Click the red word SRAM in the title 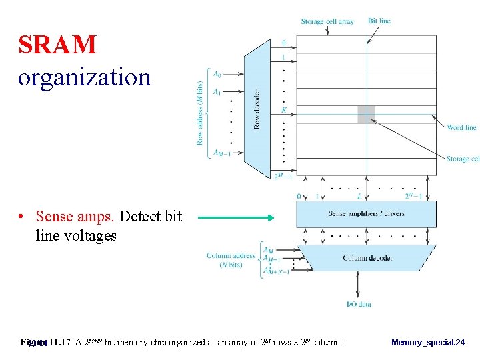coord(57,45)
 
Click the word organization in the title coord(85,77)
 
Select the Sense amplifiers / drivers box coord(366,214)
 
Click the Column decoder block coord(367,258)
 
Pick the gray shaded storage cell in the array coord(366,114)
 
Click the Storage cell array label coord(327,21)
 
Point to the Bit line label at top coord(379,21)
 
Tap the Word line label coord(461,127)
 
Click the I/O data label coord(359,305)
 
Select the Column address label coord(231,255)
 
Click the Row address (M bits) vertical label coord(199,113)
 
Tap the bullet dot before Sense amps coord(22,217)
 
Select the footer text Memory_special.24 coord(428,343)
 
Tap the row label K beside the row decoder coord(284,109)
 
